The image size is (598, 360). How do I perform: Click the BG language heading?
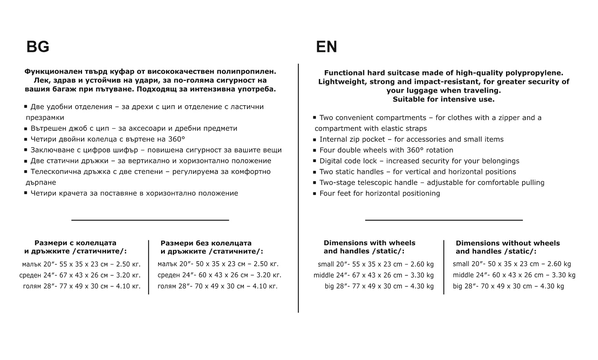coord(38,47)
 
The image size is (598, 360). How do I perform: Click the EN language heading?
coord(326,47)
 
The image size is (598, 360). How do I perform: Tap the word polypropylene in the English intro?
coord(534,73)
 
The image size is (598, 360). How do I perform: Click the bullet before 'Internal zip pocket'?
coord(315,140)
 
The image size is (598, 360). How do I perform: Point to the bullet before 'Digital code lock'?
coord(315,161)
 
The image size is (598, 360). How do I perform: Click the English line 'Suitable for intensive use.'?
coord(443,99)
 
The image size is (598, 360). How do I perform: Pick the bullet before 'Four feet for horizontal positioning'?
coord(315,194)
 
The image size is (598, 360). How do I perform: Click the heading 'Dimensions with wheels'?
coord(369,243)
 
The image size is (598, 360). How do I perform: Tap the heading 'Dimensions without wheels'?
coord(508,243)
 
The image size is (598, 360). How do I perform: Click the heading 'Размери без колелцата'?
coord(206,243)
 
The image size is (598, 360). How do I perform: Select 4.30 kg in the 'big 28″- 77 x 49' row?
coord(422,286)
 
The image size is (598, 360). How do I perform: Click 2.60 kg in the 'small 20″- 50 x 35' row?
coord(559,264)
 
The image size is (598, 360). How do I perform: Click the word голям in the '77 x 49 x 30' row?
coord(32,286)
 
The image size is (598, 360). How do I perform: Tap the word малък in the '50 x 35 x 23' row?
coord(167,264)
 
